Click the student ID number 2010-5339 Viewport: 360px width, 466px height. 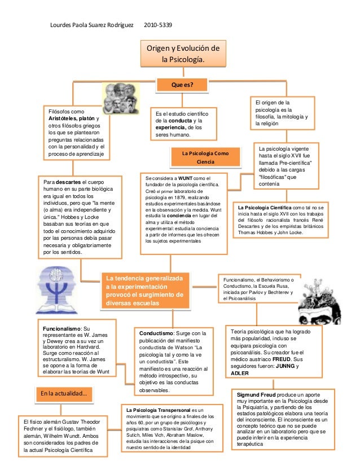[x=158, y=25]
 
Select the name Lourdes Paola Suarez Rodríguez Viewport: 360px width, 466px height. [x=92, y=25]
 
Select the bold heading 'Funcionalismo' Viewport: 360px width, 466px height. [x=63, y=328]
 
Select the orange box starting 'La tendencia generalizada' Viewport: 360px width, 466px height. [x=145, y=291]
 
